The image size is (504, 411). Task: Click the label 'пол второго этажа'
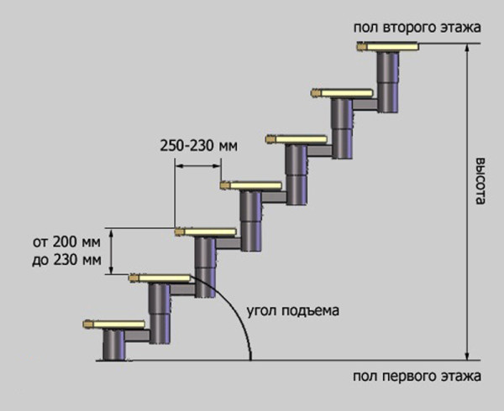tap(417, 28)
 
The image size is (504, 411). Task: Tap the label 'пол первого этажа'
tap(416, 375)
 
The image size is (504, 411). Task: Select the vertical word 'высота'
tap(480, 183)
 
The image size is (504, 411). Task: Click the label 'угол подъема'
tap(293, 311)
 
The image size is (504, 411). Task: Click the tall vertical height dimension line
tap(465, 201)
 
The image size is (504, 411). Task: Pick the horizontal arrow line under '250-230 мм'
tap(197, 166)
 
